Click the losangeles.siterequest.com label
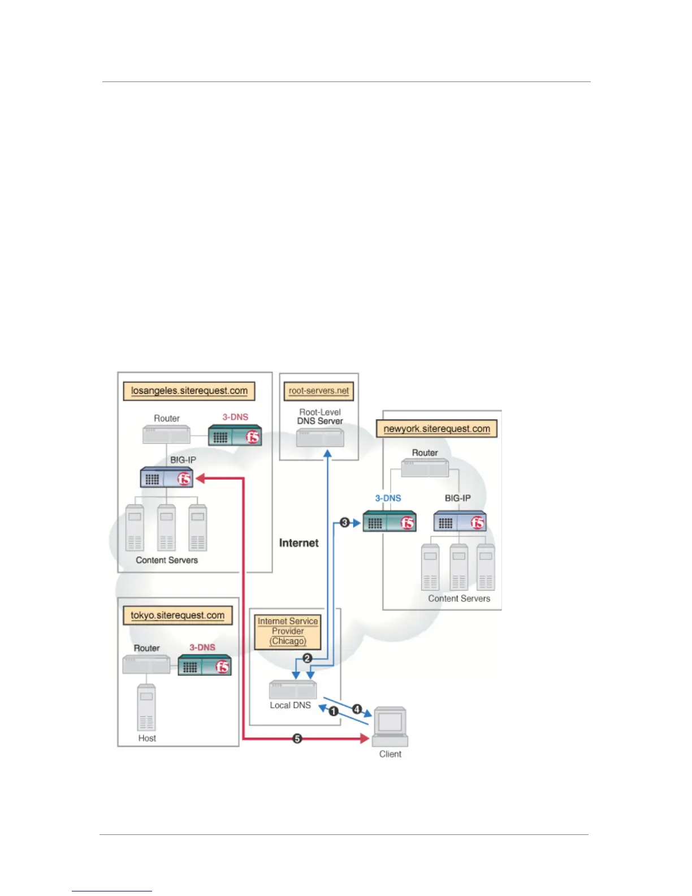[189, 391]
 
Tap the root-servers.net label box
[319, 391]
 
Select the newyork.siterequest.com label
[436, 429]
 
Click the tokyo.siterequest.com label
[178, 615]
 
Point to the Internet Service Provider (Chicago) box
[288, 631]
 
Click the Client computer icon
[390, 726]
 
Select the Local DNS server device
[293, 690]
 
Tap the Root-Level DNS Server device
[320, 437]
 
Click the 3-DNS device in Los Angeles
[235, 436]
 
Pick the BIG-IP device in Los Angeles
[167, 478]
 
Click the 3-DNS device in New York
[389, 522]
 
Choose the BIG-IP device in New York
[460, 522]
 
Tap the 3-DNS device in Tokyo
[205, 666]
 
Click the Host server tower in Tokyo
[146, 708]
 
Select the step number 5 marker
[297, 738]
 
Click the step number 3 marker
[345, 522]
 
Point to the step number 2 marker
[308, 658]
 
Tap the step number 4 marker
[357, 709]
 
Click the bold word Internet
[299, 543]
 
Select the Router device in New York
[425, 468]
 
